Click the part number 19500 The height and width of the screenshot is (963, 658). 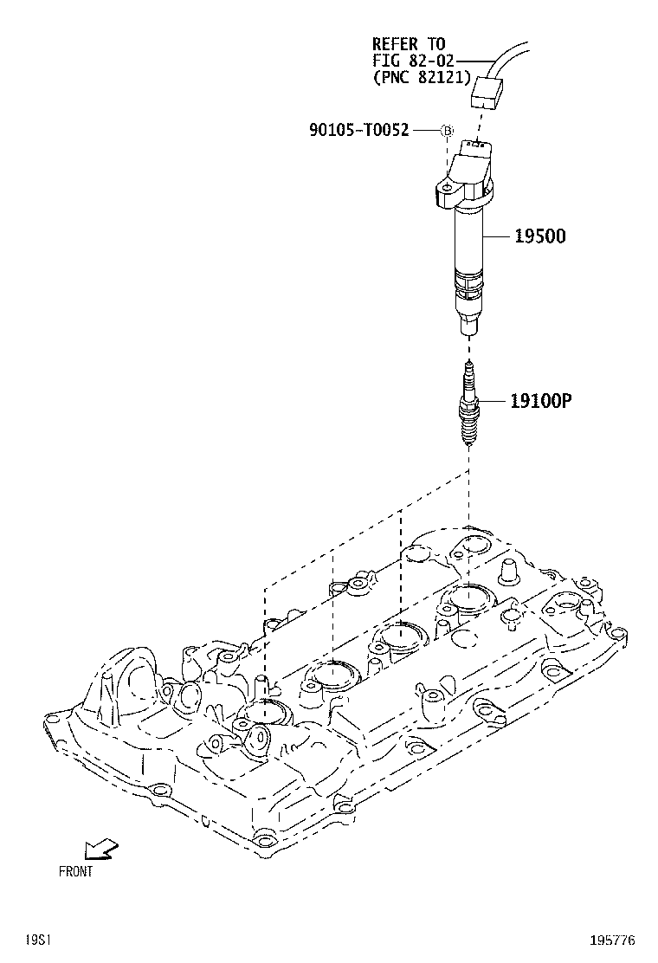click(540, 236)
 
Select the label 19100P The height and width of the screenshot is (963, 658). click(543, 401)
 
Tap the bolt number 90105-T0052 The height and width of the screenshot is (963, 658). click(358, 131)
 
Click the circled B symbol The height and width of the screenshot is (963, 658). click(448, 131)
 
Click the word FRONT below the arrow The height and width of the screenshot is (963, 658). click(75, 872)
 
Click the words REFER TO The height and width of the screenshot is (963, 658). click(409, 43)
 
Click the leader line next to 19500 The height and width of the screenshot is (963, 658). click(499, 236)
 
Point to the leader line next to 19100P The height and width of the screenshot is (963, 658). click(493, 401)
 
